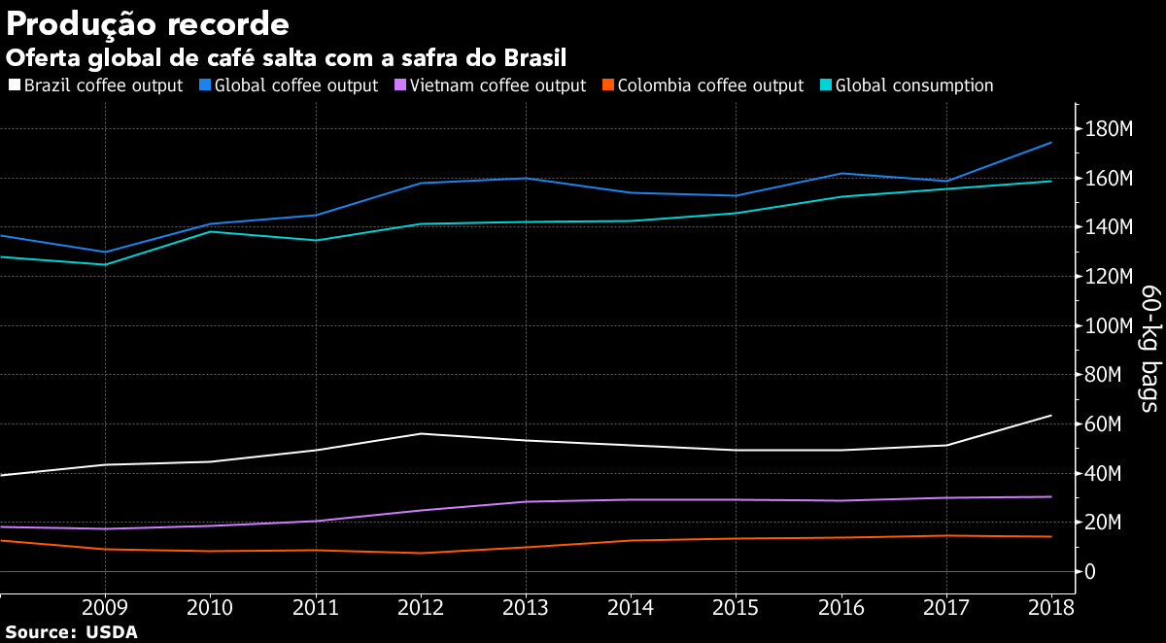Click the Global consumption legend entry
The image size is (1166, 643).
(x=906, y=85)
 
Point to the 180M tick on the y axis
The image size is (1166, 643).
(x=1111, y=130)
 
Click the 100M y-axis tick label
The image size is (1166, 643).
(x=1111, y=326)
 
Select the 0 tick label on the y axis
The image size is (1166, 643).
(x=1092, y=572)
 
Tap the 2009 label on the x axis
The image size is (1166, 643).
(x=105, y=609)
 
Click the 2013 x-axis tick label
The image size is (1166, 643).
(x=525, y=609)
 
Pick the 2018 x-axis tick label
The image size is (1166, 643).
(x=1050, y=609)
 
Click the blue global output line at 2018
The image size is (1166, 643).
(x=1051, y=143)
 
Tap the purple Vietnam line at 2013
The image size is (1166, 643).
(x=526, y=501)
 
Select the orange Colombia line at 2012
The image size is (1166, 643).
(x=420, y=553)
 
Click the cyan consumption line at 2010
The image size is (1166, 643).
(x=210, y=231)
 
